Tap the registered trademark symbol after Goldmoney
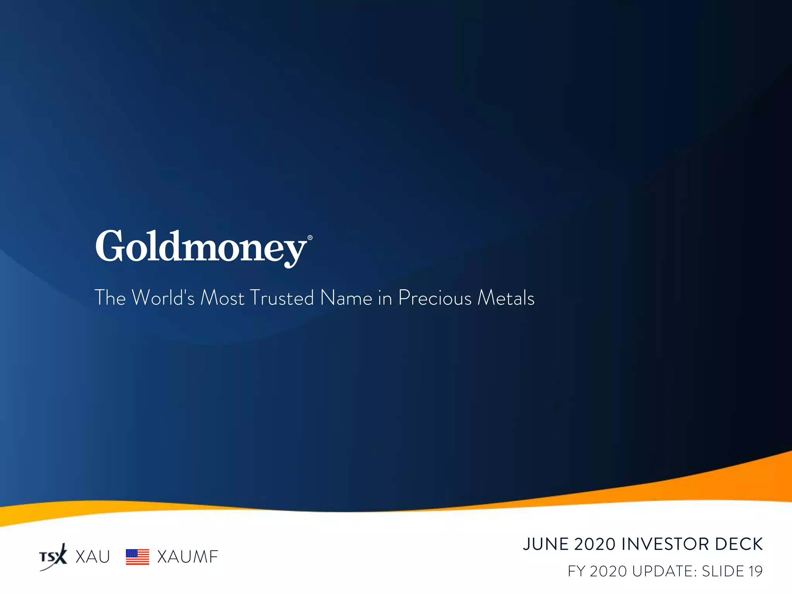click(310, 238)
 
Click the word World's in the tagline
click(163, 298)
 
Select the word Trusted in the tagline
click(282, 298)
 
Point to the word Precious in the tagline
click(435, 298)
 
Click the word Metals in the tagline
click(506, 298)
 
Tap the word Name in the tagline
click(346, 298)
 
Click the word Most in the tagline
click(222, 298)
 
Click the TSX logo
click(53, 557)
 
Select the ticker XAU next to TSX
click(93, 557)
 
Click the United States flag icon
click(137, 557)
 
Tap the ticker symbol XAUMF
click(188, 557)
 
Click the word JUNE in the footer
click(546, 544)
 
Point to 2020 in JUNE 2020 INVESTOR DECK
click(595, 544)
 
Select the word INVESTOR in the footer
click(665, 544)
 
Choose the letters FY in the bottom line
click(576, 571)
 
